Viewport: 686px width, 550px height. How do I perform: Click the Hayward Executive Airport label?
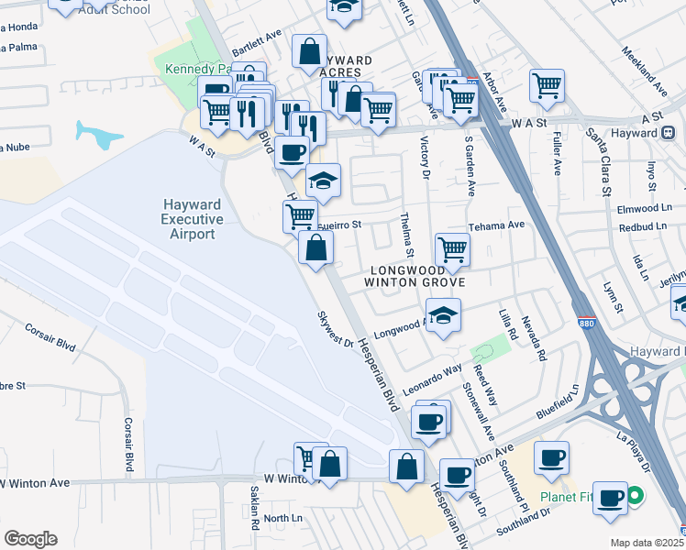[192, 219]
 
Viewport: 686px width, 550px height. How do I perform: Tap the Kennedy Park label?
[198, 70]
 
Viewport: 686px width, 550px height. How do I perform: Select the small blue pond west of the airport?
[99, 136]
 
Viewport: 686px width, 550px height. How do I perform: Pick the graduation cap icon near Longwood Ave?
[443, 316]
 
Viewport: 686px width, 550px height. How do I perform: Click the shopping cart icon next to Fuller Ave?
[547, 86]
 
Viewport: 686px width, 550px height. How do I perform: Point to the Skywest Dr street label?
[335, 329]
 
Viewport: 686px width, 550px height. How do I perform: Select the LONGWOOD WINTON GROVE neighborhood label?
[417, 276]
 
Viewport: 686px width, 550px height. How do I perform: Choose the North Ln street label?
[282, 518]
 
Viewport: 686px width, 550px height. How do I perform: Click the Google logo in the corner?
[30, 539]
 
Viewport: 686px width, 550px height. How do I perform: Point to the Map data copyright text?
[647, 543]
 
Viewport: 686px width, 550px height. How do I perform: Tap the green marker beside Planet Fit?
[634, 500]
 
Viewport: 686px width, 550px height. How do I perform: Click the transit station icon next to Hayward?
[669, 132]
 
